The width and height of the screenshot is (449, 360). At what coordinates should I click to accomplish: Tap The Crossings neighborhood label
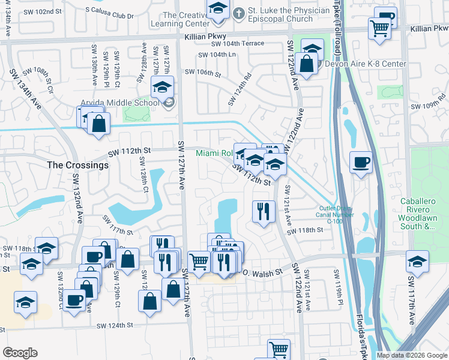pos(78,165)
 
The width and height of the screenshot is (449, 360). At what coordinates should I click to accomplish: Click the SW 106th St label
pos(203,72)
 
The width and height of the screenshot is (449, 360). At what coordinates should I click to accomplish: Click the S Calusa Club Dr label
pos(109,10)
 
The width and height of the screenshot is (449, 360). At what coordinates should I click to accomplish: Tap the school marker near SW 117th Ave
pos(417,262)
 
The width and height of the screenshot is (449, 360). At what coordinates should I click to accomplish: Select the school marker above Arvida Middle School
pos(162,88)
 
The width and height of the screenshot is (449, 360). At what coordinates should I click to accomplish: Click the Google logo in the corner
pos(20,353)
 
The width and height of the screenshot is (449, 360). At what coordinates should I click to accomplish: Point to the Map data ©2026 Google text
pos(412,355)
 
